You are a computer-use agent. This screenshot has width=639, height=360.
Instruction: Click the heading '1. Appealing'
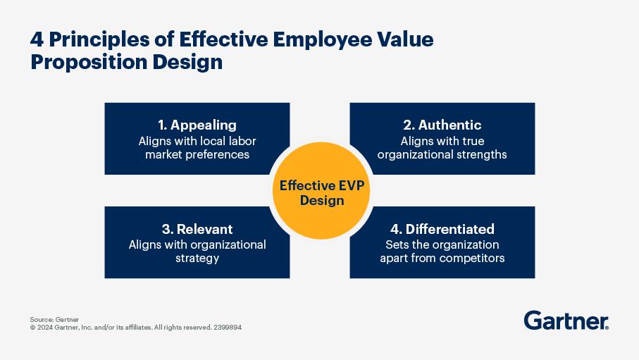[x=197, y=125]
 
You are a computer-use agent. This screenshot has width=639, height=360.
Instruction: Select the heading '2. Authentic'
[x=442, y=125]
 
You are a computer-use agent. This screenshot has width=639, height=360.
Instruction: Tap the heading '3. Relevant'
[x=197, y=229]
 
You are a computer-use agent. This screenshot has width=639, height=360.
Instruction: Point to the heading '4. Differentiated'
[x=442, y=229]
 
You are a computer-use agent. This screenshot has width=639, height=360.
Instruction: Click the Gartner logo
[x=566, y=321]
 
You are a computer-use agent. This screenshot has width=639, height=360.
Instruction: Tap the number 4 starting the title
[x=37, y=40]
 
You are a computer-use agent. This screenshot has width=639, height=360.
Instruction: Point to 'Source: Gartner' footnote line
[x=54, y=319]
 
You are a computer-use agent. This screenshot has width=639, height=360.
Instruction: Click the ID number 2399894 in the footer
[x=228, y=328]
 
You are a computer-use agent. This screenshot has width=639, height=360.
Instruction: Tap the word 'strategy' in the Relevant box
[x=197, y=259]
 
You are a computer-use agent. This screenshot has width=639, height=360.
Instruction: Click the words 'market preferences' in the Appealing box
[x=197, y=154]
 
